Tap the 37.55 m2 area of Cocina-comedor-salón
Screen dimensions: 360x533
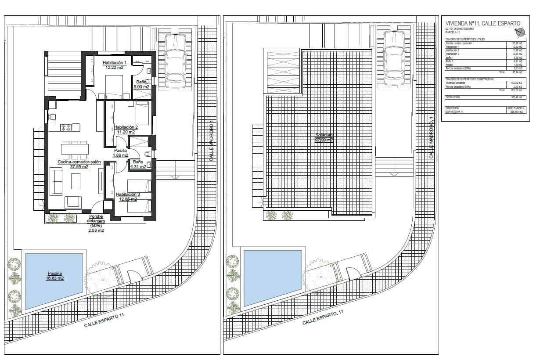pos(79,167)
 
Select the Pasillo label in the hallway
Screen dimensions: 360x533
pos(120,150)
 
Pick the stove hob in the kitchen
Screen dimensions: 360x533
pos(66,127)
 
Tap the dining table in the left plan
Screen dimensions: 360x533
pos(74,149)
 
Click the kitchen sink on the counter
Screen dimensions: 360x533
pos(52,117)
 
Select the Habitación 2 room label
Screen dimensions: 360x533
pos(127,127)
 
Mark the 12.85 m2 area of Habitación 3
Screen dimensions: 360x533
pos(127,199)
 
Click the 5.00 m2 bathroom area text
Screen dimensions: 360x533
pos(141,87)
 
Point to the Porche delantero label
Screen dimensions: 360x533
pos(96,219)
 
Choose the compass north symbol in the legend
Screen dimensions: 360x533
pos(520,32)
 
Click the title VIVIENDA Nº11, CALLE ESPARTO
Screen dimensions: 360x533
pos(483,23)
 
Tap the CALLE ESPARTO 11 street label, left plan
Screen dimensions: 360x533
pos(104,323)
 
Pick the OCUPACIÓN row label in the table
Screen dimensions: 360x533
pos(453,97)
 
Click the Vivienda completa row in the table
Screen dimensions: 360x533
pos(457,82)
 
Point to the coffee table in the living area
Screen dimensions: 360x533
pos(76,180)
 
